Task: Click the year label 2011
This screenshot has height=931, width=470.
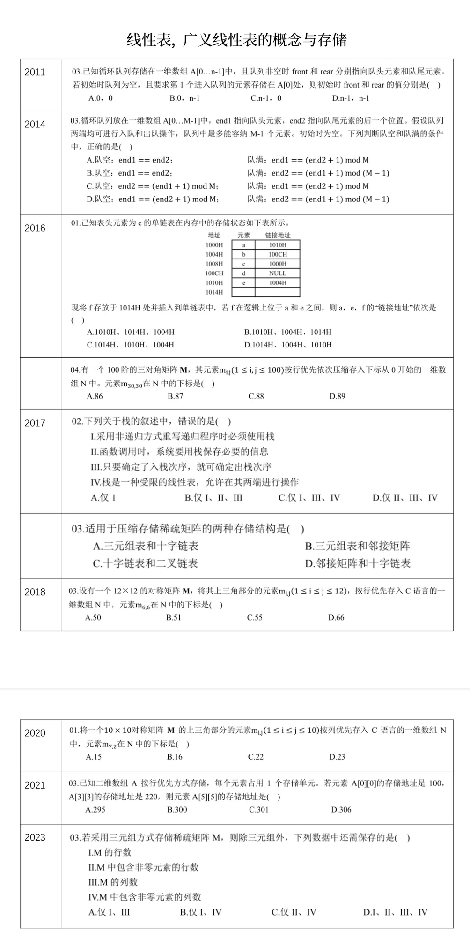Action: [35, 72]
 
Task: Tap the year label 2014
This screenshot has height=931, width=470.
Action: [35, 125]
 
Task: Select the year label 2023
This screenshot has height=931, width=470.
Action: [35, 837]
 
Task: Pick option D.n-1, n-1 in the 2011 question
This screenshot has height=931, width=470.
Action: [351, 98]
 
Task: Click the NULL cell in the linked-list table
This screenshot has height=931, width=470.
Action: [278, 273]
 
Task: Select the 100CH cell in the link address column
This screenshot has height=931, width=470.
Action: [278, 255]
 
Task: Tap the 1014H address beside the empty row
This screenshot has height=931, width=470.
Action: [214, 292]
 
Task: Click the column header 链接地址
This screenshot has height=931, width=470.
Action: [278, 236]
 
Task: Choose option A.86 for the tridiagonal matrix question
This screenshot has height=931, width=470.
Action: [95, 396]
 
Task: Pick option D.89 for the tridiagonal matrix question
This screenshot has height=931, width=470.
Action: [337, 396]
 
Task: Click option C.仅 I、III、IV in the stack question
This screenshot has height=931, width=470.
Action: [309, 498]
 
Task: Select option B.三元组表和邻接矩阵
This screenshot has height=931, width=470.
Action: [358, 546]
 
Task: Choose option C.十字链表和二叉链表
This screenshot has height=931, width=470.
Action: [145, 563]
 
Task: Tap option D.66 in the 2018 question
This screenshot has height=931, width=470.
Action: [336, 618]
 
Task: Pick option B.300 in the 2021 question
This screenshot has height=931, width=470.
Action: [177, 810]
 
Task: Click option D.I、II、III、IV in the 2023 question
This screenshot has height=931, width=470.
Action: [396, 912]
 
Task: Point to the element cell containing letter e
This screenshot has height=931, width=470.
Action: [243, 283]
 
